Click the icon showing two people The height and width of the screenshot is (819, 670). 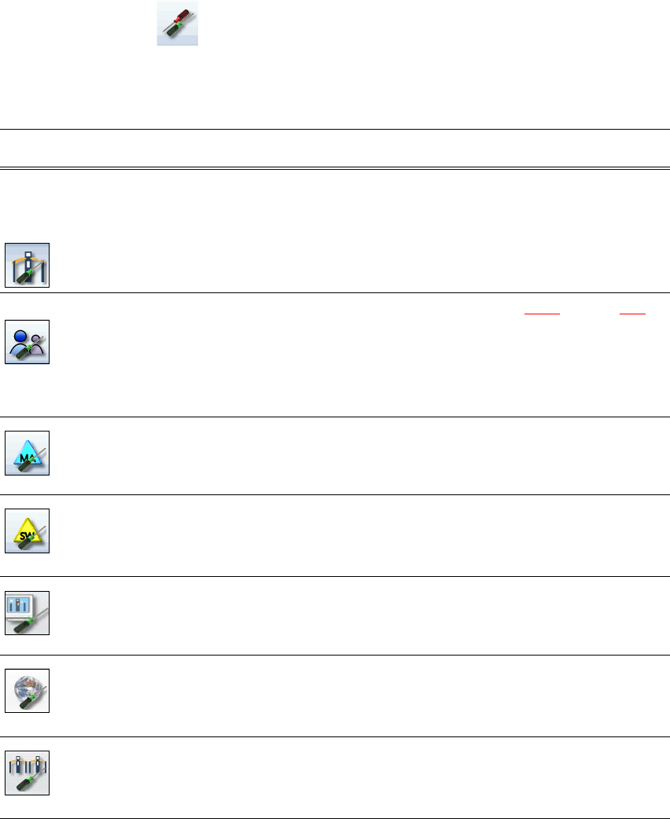tap(28, 341)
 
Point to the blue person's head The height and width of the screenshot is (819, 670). tap(20, 331)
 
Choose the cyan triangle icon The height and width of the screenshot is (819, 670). tap(28, 453)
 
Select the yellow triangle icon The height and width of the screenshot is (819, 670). tap(28, 530)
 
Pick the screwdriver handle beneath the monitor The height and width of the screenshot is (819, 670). tap(25, 624)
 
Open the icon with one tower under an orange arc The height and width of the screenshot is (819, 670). tap(28, 265)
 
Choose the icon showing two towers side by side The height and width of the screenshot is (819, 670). tap(28, 773)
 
